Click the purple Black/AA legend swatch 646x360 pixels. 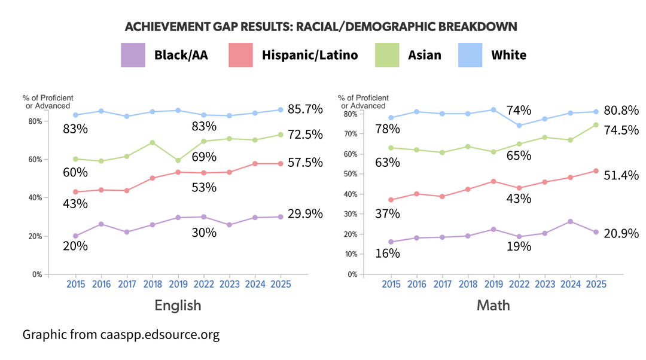click(133, 55)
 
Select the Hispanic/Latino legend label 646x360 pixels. click(309, 55)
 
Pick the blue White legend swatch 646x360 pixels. click(470, 55)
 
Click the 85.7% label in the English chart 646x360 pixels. click(304, 109)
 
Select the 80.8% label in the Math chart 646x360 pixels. click(620, 110)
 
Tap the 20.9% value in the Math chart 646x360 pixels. click(620, 233)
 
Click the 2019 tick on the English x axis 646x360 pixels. click(178, 285)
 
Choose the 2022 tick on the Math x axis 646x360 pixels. click(519, 285)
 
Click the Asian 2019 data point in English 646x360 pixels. click(178, 160)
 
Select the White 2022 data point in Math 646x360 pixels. click(519, 126)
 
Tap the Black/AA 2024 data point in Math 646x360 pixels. click(570, 221)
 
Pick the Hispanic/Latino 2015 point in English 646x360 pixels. click(75, 192)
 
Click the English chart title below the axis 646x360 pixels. click(178, 305)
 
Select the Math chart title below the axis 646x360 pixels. click(493, 305)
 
